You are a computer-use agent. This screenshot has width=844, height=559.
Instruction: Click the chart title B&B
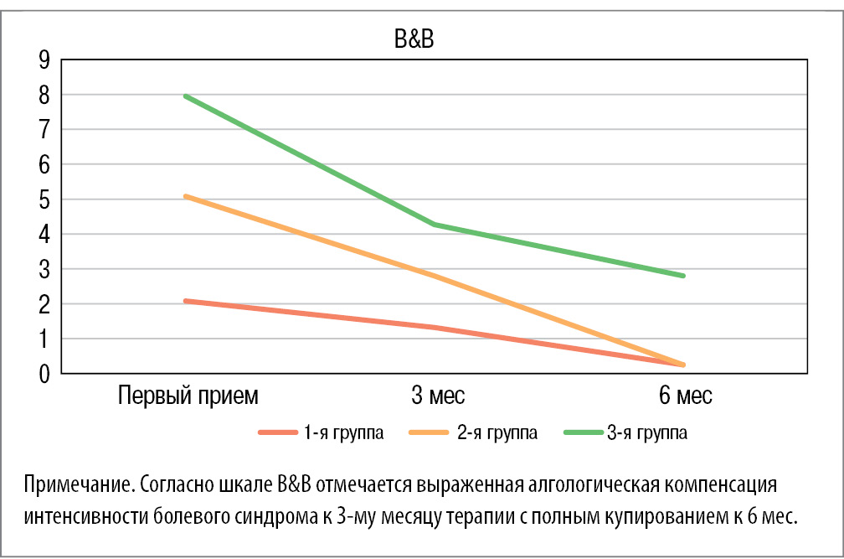(x=414, y=42)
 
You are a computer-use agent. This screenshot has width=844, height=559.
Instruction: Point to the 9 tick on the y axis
(x=44, y=60)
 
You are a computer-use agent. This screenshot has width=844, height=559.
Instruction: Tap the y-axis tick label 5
(x=44, y=199)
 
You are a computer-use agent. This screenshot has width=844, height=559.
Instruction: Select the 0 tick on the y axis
(x=44, y=374)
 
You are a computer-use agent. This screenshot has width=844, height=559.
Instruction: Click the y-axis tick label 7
(x=44, y=130)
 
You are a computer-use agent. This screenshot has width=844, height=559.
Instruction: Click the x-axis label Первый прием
(x=188, y=396)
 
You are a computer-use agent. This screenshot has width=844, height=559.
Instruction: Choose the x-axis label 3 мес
(x=438, y=396)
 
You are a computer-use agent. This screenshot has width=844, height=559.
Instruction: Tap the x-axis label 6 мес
(x=685, y=396)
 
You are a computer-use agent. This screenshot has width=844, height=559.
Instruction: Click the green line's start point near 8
(x=186, y=96)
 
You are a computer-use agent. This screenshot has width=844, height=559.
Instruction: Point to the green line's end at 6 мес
(x=684, y=276)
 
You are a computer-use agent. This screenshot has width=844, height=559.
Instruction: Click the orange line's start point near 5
(x=186, y=196)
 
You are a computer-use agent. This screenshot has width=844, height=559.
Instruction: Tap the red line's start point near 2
(x=186, y=300)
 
